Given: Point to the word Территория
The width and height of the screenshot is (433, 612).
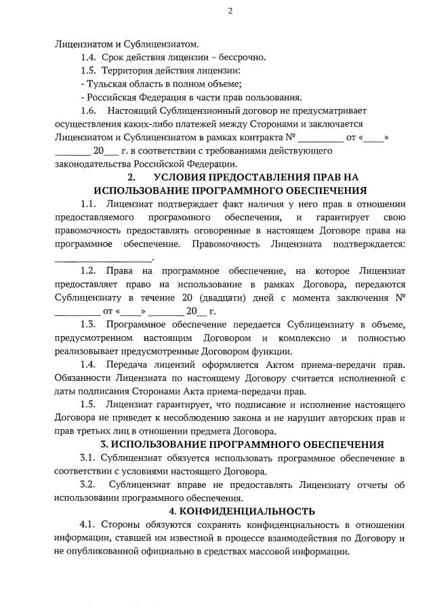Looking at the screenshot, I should click(129, 70).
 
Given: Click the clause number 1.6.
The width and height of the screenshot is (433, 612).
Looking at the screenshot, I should click(88, 110).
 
